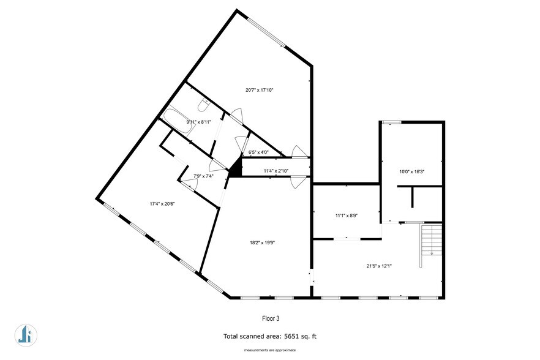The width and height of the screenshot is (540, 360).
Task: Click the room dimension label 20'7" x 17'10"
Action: coord(259,90)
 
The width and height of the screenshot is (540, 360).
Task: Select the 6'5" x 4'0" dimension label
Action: coord(258,153)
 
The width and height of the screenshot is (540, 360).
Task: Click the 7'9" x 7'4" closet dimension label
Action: coord(203,176)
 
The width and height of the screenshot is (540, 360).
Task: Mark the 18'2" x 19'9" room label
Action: coord(263,242)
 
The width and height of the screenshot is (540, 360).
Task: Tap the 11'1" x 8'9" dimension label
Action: coord(347,216)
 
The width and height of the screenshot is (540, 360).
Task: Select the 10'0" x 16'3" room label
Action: coord(412,171)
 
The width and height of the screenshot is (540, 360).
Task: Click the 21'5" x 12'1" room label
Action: coord(380,266)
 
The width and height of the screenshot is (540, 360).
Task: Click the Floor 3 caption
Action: coord(270,318)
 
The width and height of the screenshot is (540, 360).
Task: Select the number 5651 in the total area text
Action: coord(294,336)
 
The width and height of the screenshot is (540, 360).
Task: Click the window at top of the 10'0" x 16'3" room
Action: coord(392,122)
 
